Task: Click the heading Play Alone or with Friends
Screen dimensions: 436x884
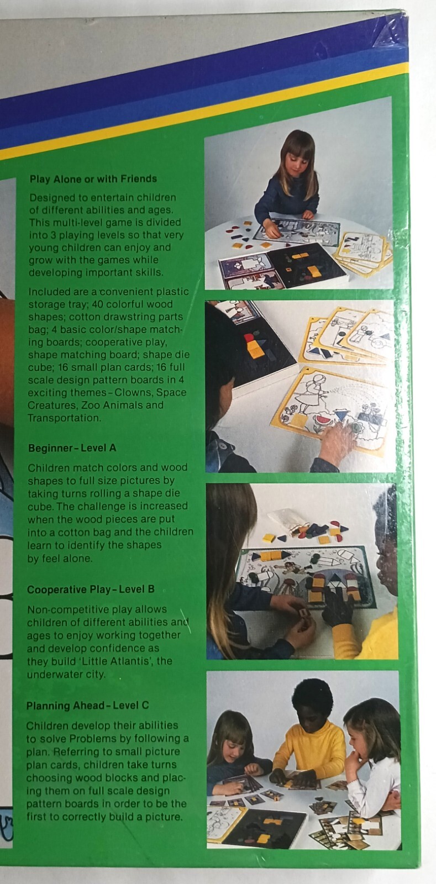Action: tap(93, 179)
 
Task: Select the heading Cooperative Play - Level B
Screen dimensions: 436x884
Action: tap(91, 590)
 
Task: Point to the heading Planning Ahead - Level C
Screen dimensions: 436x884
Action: tap(88, 706)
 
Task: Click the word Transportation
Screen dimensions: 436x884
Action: tap(64, 418)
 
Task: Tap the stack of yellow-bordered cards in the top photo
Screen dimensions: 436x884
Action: tap(363, 252)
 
